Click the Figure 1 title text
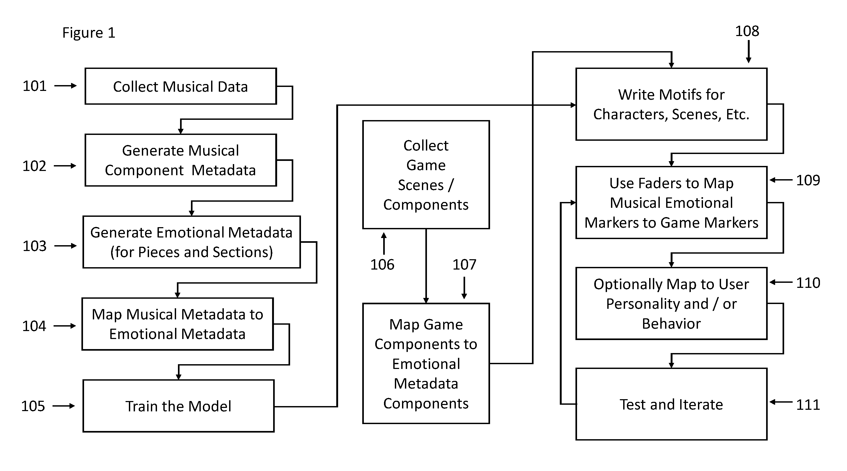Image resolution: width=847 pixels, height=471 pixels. pos(89,33)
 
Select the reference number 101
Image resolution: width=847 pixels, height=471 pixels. pos(34,86)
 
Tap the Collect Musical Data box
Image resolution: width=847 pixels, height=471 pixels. pos(181,86)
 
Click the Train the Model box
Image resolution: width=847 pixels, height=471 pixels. pos(178,406)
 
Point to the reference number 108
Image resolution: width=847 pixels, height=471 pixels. pos(747,31)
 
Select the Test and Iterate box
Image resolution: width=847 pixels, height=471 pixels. pos(671,404)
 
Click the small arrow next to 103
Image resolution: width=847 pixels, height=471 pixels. pos(65,246)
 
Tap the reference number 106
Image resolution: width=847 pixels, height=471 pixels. pos(382,265)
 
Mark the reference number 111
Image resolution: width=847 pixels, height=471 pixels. pos(808,405)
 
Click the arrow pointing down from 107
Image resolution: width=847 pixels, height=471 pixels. pos(464,288)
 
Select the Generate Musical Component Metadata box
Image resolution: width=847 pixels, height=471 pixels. pos(181,160)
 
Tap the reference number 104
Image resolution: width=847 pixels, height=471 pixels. pos(34,326)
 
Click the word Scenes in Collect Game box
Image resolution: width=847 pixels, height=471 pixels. pos(421,185)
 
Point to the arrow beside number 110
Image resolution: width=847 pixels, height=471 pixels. pos(781,282)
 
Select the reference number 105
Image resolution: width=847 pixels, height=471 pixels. pos(33,406)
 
